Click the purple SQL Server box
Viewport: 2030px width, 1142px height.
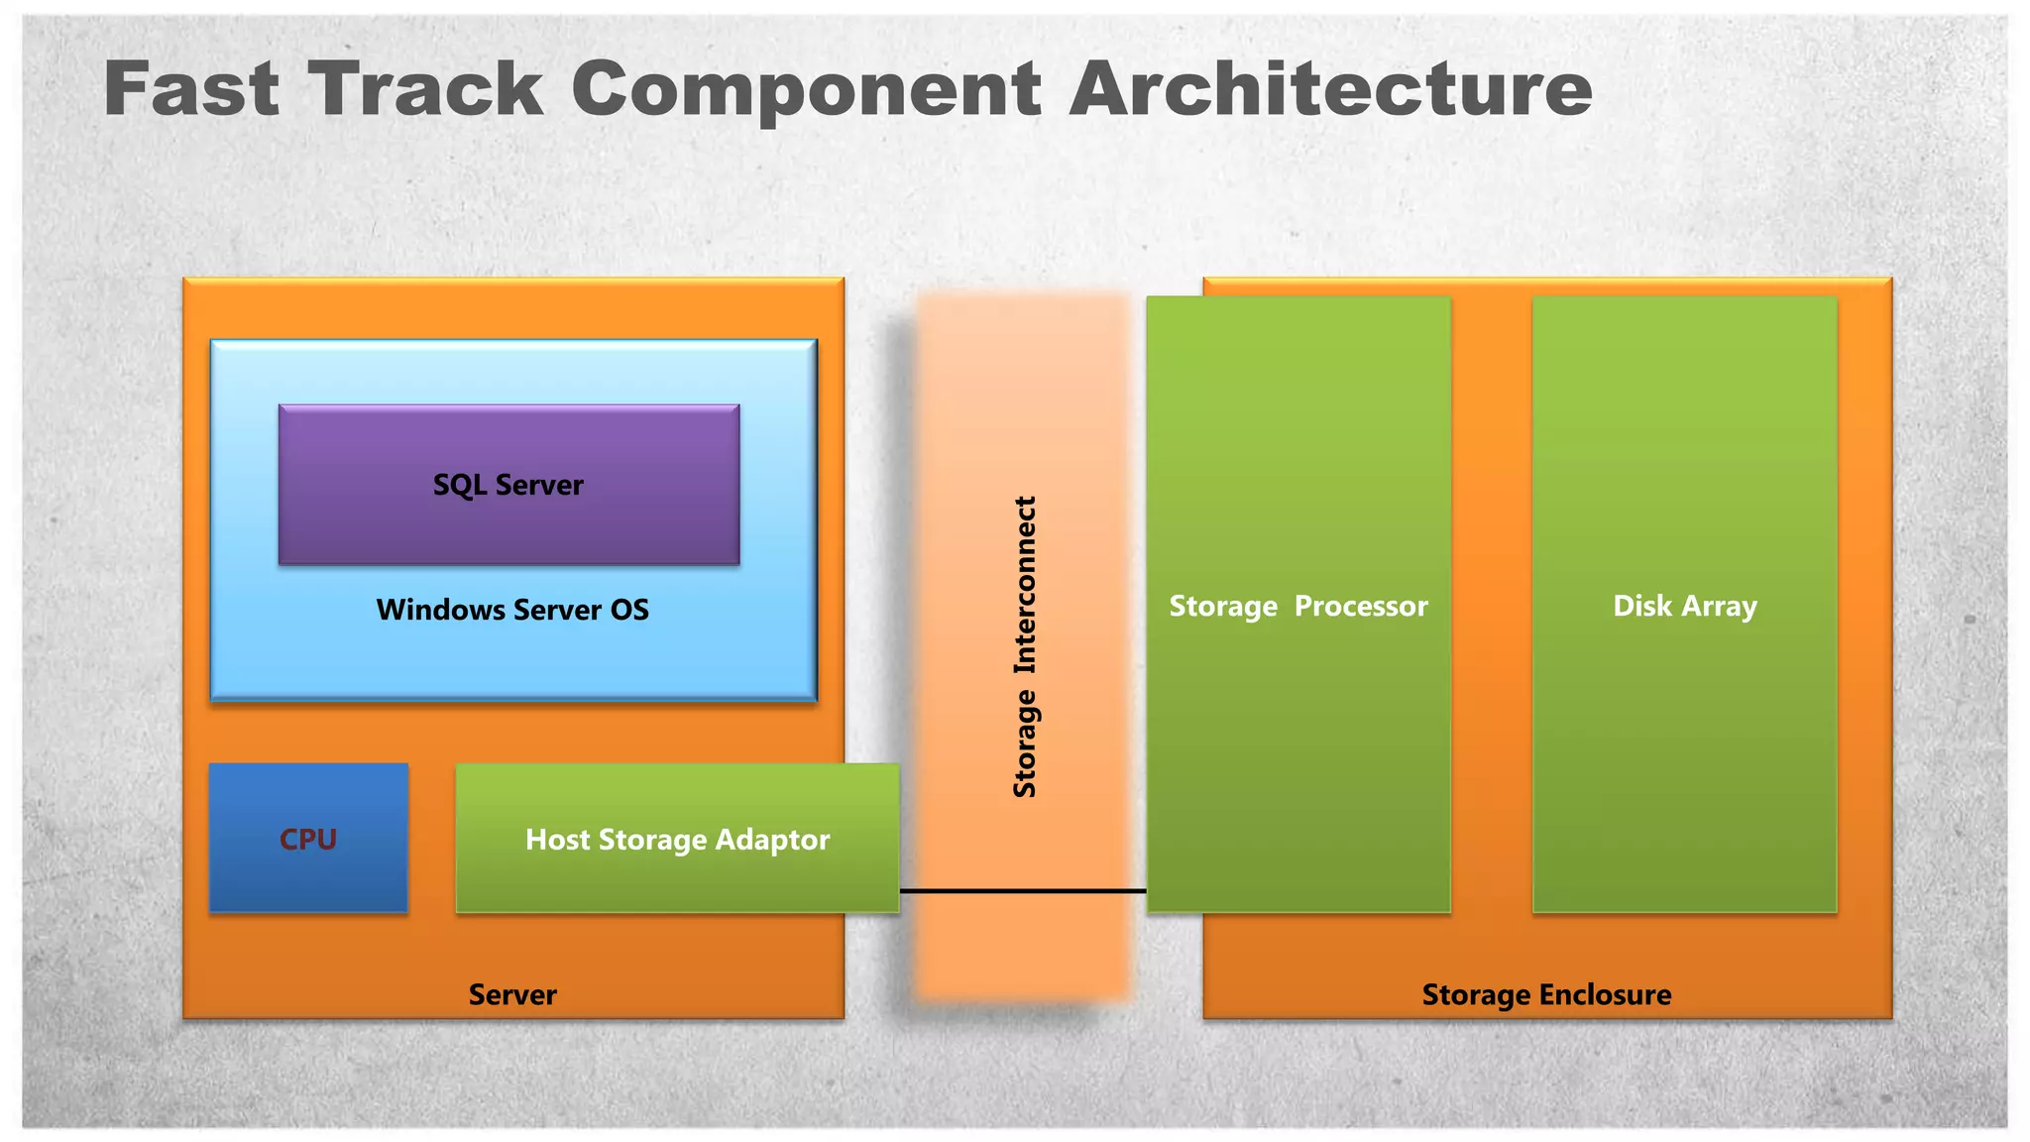click(508, 485)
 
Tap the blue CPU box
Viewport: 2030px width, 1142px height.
click(308, 839)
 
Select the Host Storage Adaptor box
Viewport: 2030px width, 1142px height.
click(677, 839)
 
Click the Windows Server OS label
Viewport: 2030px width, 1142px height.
click(512, 610)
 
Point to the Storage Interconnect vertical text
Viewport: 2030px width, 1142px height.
click(1024, 646)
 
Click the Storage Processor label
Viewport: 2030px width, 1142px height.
click(1297, 606)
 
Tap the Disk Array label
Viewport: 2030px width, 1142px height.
click(1684, 606)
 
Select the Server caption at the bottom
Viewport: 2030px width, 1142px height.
click(512, 994)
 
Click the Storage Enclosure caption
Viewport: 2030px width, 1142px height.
click(1546, 994)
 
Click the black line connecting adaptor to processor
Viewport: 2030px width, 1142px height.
click(1022, 891)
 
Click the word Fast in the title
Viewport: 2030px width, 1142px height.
click(191, 89)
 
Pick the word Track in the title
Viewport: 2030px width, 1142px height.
click(425, 89)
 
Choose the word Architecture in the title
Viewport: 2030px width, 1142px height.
click(1330, 89)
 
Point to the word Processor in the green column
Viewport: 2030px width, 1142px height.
click(1361, 606)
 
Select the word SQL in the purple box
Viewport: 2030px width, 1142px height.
click(459, 485)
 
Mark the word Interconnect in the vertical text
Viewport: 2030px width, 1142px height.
click(1024, 586)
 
